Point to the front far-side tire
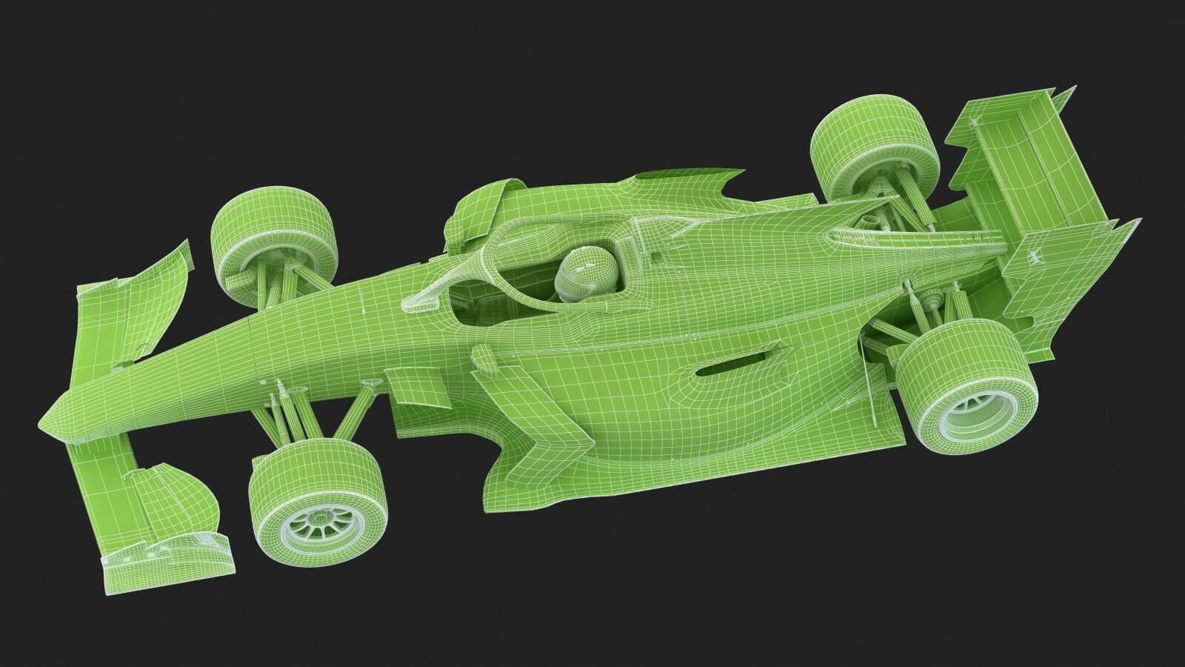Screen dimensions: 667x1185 (x=270, y=239)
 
